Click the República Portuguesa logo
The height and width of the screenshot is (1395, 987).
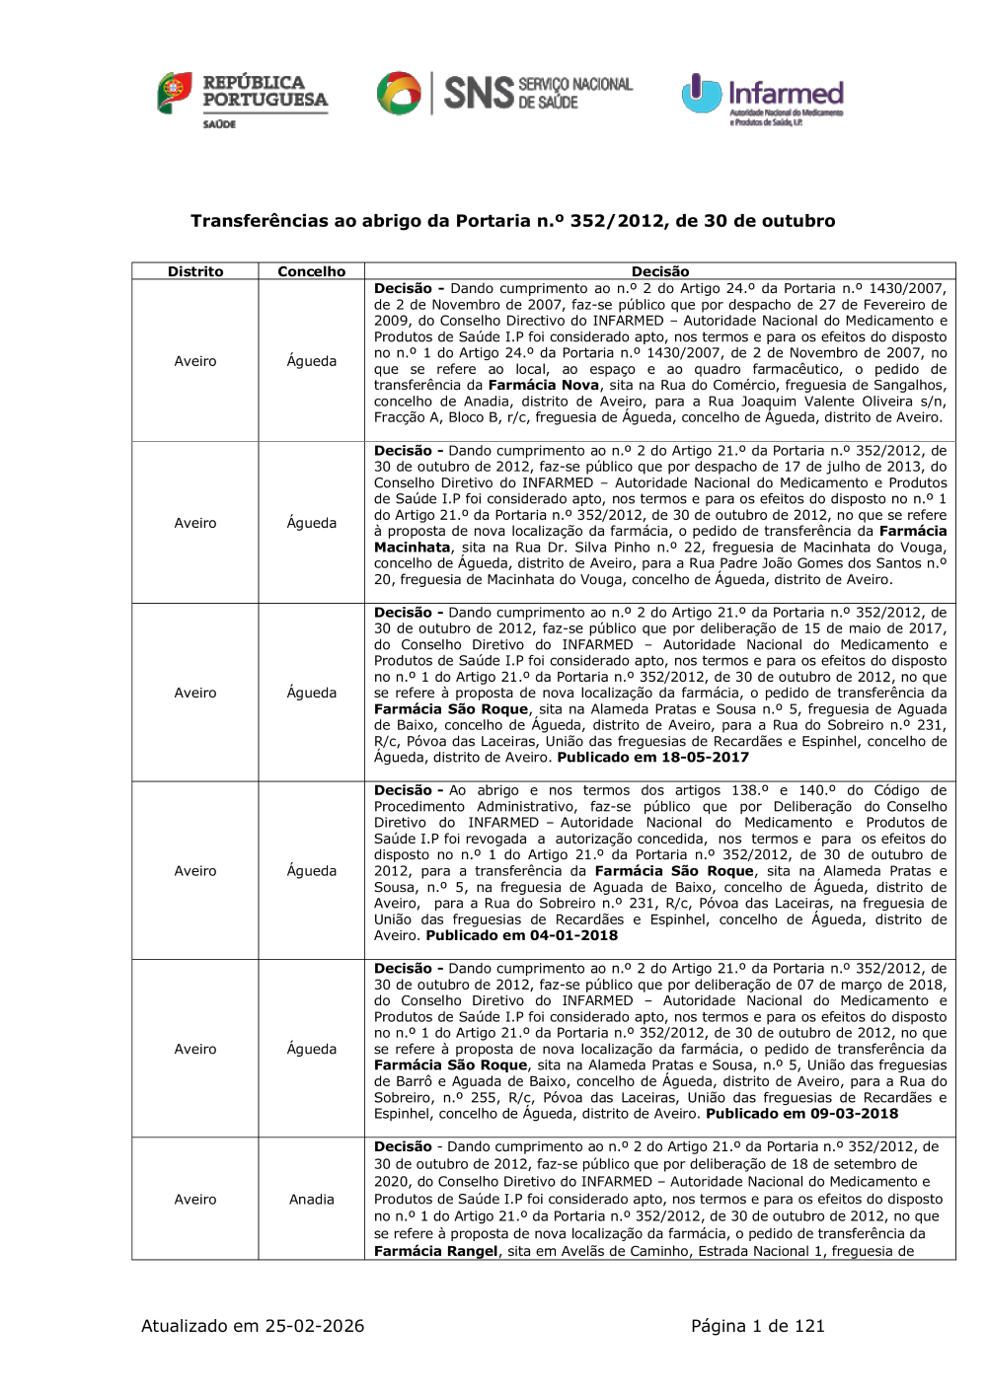243,99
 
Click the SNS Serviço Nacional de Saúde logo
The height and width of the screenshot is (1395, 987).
504,94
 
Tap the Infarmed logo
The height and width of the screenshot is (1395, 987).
762,99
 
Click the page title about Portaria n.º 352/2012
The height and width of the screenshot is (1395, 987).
512,221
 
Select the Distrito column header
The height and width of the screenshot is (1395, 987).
195,271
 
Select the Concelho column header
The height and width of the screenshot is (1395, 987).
312,271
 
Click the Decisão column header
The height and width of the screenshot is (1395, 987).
660,271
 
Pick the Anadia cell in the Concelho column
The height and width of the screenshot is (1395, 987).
312,1200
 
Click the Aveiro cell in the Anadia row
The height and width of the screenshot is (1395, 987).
195,1200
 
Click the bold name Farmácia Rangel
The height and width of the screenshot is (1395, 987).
435,1252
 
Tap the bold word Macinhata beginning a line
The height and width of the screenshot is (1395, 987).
412,548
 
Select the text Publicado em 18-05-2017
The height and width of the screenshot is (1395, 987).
652,758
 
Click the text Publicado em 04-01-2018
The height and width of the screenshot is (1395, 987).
521,935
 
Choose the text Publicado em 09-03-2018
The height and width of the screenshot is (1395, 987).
801,1114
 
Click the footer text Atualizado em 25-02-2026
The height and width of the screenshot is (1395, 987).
253,1326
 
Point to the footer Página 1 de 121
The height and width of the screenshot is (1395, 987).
757,1326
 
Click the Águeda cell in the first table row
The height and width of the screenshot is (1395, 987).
312,361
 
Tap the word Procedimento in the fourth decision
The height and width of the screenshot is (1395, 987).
419,807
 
